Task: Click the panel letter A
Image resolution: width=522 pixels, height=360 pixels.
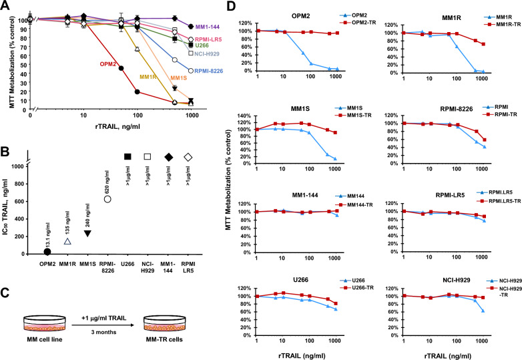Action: tap(5, 5)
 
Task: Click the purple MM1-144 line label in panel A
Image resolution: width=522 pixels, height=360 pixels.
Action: tap(208, 27)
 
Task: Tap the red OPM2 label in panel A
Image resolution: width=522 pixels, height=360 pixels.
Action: tap(108, 64)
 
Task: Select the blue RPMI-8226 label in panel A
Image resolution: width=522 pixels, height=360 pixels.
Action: tap(208, 71)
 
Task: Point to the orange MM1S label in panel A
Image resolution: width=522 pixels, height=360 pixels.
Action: tap(179, 78)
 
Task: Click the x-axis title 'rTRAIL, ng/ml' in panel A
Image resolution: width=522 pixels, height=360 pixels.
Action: tap(114, 126)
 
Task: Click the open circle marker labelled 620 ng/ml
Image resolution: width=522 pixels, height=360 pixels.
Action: tap(107, 199)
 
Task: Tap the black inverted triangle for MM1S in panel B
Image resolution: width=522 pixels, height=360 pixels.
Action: tap(87, 233)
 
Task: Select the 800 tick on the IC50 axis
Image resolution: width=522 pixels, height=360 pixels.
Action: tap(19, 184)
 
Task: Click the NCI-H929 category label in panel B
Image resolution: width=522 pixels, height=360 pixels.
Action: tap(148, 267)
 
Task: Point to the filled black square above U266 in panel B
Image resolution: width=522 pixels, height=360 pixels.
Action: tap(127, 157)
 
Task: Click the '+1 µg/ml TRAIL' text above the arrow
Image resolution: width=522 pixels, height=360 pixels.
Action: tap(104, 318)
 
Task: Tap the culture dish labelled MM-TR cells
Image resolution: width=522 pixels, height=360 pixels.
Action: tap(164, 323)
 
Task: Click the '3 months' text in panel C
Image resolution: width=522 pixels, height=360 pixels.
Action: tap(104, 332)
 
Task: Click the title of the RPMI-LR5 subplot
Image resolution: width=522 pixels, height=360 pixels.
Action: tap(450, 195)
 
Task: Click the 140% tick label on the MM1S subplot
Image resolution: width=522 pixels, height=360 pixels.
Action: tap(245, 116)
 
